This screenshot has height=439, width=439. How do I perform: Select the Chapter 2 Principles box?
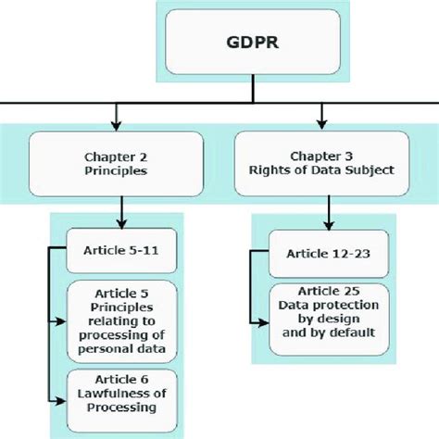116,161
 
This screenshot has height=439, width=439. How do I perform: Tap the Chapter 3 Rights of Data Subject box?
321,161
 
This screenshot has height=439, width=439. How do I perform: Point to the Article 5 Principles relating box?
122,321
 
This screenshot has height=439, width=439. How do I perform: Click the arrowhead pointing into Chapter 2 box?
116,123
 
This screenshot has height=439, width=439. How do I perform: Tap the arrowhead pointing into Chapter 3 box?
321,123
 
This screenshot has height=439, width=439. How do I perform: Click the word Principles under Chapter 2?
116,169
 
